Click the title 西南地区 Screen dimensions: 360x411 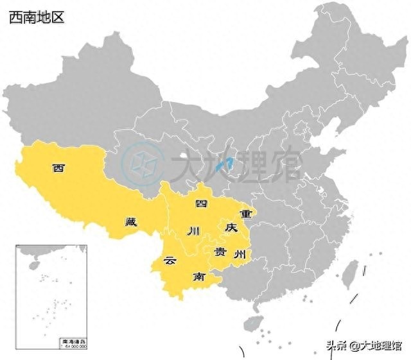[x=36, y=17]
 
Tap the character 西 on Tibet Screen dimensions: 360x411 [x=58, y=169]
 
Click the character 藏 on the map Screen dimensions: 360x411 [x=131, y=223]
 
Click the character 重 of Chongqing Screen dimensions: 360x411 [x=245, y=212]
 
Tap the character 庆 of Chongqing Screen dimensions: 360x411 [x=231, y=228]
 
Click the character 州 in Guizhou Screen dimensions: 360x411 [x=240, y=254]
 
